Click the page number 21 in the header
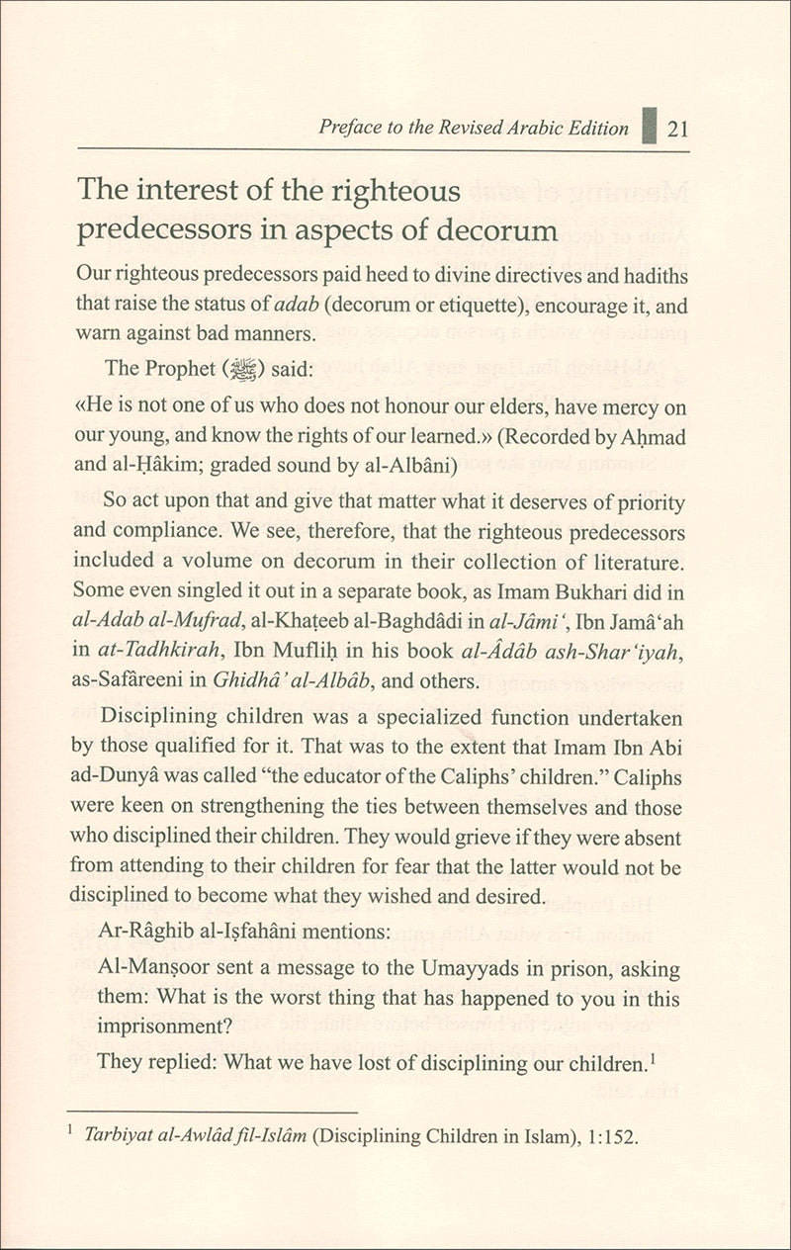pyautogui.click(x=678, y=130)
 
